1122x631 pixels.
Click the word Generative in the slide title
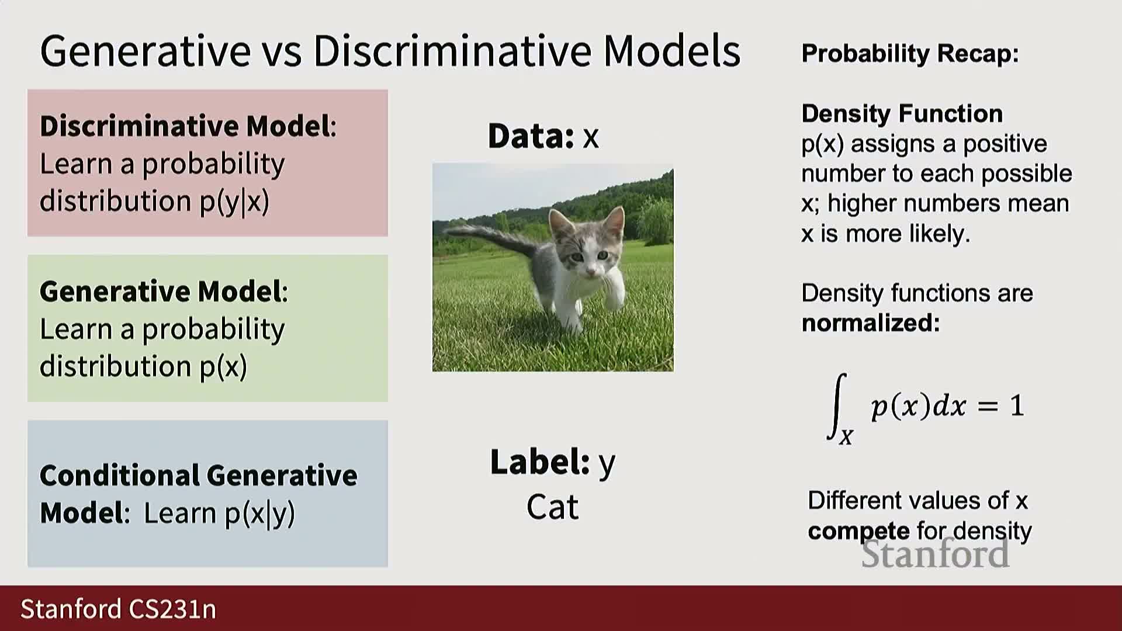pyautogui.click(x=146, y=51)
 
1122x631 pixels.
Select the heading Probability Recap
pyautogui.click(x=910, y=54)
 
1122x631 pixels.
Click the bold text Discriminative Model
pyautogui.click(x=185, y=126)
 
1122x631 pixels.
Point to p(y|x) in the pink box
pyautogui.click(x=234, y=202)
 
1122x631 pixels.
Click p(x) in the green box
pyautogui.click(x=223, y=367)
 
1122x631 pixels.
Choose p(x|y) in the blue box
pyautogui.click(x=260, y=514)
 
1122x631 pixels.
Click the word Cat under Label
pyautogui.click(x=552, y=507)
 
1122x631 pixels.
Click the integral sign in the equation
pyautogui.click(x=837, y=406)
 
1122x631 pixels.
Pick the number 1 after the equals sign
pyautogui.click(x=1017, y=406)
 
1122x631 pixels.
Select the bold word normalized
pyautogui.click(x=870, y=323)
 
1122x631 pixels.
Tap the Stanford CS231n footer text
pyautogui.click(x=118, y=609)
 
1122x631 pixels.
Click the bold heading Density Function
pyautogui.click(x=902, y=113)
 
